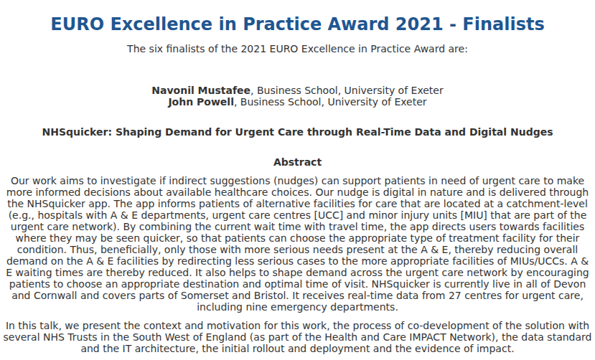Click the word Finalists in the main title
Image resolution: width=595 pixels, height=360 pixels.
[x=503, y=24]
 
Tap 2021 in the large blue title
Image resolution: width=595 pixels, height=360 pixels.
[x=419, y=24]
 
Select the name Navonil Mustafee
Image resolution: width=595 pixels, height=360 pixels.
[x=201, y=90]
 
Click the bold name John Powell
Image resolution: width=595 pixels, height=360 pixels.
[x=201, y=102]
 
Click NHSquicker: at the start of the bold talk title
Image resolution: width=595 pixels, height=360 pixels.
[x=77, y=132]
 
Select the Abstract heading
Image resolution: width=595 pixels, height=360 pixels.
[x=297, y=162]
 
